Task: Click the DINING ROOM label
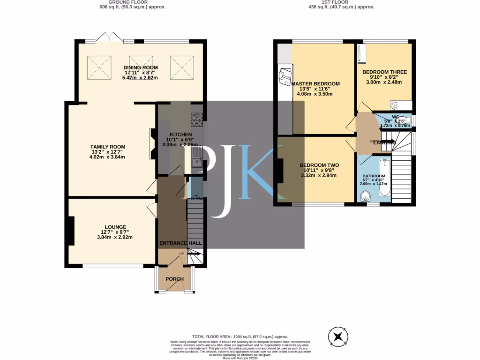pyautogui.click(x=141, y=67)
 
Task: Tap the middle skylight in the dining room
pyautogui.click(x=141, y=67)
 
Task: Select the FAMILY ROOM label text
pyautogui.click(x=108, y=147)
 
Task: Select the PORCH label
pyautogui.click(x=174, y=279)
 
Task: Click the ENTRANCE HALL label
pyautogui.click(x=181, y=243)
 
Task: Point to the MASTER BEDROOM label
pyautogui.click(x=315, y=84)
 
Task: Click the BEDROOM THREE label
pyautogui.click(x=384, y=72)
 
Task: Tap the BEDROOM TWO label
pyautogui.click(x=319, y=165)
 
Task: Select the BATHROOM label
pyautogui.click(x=374, y=176)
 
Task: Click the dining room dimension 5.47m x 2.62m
pyautogui.click(x=141, y=78)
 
